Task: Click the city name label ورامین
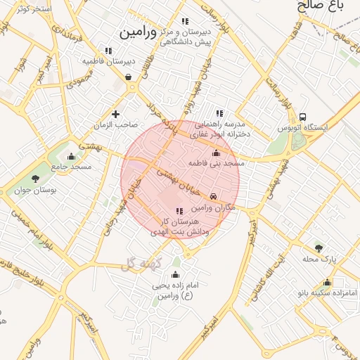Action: pyautogui.click(x=141, y=32)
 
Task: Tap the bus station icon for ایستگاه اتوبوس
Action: pyautogui.click(x=302, y=117)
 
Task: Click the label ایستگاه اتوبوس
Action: pyautogui.click(x=303, y=129)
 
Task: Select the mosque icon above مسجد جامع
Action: pyautogui.click(x=71, y=156)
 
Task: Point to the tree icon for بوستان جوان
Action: pyautogui.click(x=35, y=179)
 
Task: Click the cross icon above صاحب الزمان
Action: pyautogui.click(x=116, y=114)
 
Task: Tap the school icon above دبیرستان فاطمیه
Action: pyautogui.click(x=108, y=51)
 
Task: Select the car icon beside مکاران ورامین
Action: pyautogui.click(x=214, y=198)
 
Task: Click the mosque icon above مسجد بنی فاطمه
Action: pyautogui.click(x=216, y=153)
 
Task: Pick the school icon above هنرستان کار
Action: pyautogui.click(x=179, y=211)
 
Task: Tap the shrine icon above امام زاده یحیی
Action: pyautogui.click(x=175, y=274)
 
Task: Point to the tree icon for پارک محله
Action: pyautogui.click(x=319, y=248)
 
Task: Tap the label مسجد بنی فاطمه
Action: pyautogui.click(x=216, y=163)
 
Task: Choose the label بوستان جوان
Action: pyautogui.click(x=35, y=190)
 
